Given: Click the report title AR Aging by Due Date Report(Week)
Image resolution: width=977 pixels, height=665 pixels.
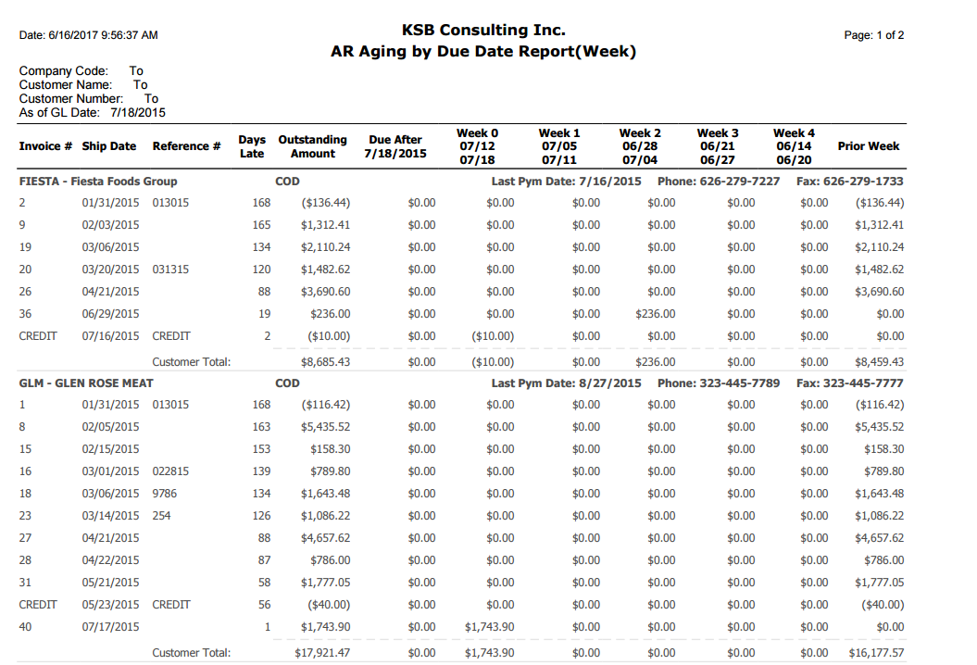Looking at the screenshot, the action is click(x=482, y=52).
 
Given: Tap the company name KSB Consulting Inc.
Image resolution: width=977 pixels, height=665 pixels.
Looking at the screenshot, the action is click(x=482, y=30).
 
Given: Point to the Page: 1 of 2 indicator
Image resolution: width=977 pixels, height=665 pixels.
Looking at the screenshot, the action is click(x=873, y=35).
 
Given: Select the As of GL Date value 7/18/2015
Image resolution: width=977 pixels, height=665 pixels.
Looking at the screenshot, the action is click(x=138, y=113).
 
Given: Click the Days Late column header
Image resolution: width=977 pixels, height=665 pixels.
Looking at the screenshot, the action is click(x=252, y=146).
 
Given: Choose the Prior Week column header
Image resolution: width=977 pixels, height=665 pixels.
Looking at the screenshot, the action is click(x=868, y=145).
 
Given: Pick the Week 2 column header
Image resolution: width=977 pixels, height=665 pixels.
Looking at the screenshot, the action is click(x=640, y=146).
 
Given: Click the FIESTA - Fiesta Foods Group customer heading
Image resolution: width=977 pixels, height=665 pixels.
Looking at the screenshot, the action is click(x=98, y=182).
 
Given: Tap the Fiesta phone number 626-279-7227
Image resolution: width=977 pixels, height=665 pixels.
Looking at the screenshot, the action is click(x=740, y=182).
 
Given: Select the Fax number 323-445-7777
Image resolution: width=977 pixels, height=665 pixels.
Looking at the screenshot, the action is click(x=863, y=383).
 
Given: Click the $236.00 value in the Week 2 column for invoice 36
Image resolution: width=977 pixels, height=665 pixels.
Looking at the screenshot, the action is click(x=655, y=314).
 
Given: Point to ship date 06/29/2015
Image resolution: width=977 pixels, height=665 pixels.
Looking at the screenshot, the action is click(x=110, y=314).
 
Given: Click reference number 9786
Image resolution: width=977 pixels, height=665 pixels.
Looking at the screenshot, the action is click(x=165, y=494).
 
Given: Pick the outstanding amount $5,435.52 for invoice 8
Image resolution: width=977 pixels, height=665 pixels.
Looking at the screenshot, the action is click(x=325, y=427).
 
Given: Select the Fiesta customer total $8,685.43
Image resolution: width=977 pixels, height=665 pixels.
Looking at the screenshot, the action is click(x=325, y=362).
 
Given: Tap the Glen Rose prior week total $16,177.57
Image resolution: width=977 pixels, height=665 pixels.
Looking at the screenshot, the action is click(x=876, y=653).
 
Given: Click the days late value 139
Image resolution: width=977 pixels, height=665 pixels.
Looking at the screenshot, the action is click(x=261, y=471).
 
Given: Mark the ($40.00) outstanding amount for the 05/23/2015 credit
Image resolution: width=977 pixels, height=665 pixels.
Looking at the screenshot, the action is click(x=329, y=605).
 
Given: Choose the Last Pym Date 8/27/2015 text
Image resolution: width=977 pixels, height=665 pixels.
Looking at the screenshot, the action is click(x=566, y=383).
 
